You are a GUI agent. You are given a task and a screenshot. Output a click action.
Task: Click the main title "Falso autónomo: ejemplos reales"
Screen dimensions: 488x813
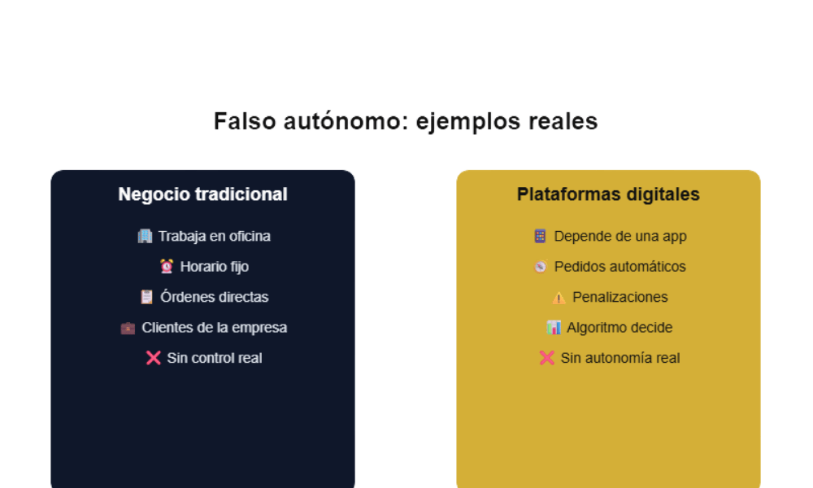pyautogui.click(x=406, y=121)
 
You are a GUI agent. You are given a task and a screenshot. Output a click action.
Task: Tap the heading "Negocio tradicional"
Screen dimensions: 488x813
pyautogui.click(x=202, y=194)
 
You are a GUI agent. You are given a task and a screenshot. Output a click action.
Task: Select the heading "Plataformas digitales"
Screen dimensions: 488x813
pyautogui.click(x=608, y=194)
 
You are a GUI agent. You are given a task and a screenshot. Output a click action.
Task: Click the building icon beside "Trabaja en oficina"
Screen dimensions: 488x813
pyautogui.click(x=145, y=236)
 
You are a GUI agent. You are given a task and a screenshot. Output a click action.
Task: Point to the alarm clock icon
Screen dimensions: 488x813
pyautogui.click(x=167, y=266)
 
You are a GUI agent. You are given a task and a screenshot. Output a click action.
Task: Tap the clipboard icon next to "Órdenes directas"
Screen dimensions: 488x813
pyautogui.click(x=146, y=297)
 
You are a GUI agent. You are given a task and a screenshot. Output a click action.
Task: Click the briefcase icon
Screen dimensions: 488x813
pyautogui.click(x=128, y=328)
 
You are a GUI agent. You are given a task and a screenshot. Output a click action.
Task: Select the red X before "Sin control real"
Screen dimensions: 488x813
pyautogui.click(x=153, y=358)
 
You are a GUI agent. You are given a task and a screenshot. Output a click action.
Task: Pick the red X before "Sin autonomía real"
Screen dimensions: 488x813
pyautogui.click(x=546, y=358)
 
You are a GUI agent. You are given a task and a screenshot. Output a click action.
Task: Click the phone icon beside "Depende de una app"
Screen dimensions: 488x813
pyautogui.click(x=540, y=236)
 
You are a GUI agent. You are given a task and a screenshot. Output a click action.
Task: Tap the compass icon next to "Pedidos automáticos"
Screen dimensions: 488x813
pyautogui.click(x=540, y=267)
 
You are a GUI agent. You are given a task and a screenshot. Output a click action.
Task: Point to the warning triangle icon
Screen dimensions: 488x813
pyautogui.click(x=559, y=298)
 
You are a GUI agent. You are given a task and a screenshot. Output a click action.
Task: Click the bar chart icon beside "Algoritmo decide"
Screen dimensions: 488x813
pyautogui.click(x=554, y=328)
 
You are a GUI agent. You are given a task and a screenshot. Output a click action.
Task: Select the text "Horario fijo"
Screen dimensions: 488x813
pyautogui.click(x=215, y=266)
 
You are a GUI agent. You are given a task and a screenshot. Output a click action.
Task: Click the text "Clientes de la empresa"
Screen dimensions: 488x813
pyautogui.click(x=214, y=328)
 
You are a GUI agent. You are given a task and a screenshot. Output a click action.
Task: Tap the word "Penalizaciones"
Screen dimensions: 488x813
pyautogui.click(x=620, y=297)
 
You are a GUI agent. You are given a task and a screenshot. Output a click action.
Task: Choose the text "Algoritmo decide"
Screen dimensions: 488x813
pyautogui.click(x=620, y=328)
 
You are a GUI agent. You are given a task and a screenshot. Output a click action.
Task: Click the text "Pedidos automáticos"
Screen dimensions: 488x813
pyautogui.click(x=620, y=266)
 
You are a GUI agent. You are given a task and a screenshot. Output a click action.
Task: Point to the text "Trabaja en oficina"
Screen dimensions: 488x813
pyautogui.click(x=214, y=236)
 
